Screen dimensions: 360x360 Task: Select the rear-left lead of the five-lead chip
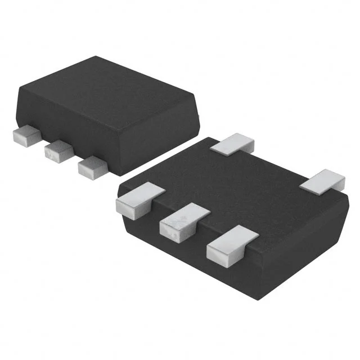point(233,143)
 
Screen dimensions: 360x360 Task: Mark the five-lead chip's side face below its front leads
point(186,247)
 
